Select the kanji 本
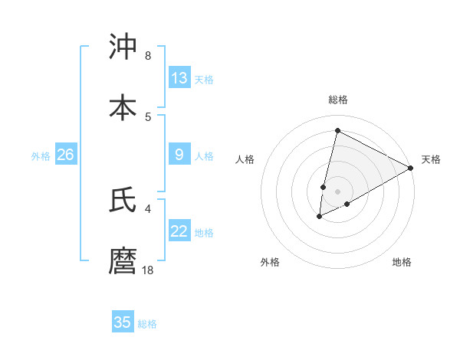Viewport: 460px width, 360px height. pyautogui.click(x=123, y=107)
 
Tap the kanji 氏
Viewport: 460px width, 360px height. pyautogui.click(x=123, y=199)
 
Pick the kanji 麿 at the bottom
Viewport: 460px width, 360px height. pyautogui.click(x=123, y=260)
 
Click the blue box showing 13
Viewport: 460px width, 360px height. pyautogui.click(x=179, y=77)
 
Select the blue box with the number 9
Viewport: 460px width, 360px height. pyautogui.click(x=179, y=155)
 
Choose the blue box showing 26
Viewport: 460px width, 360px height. pyautogui.click(x=65, y=155)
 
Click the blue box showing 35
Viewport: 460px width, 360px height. pyautogui.click(x=123, y=322)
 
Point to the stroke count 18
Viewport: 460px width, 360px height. pyautogui.click(x=148, y=270)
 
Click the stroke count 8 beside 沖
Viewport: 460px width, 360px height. pyautogui.click(x=148, y=55)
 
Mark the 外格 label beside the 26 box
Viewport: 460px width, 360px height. pyautogui.click(x=41, y=156)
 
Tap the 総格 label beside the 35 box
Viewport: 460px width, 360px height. pyautogui.click(x=147, y=324)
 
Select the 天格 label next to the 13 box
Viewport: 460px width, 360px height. pyautogui.click(x=204, y=79)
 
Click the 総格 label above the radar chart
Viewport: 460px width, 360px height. pyautogui.click(x=338, y=100)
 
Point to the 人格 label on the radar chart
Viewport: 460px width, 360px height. pyautogui.click(x=245, y=159)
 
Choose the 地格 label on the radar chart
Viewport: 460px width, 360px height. pyautogui.click(x=402, y=262)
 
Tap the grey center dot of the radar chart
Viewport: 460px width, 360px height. pyautogui.click(x=338, y=191)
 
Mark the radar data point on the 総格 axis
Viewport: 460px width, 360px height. pyautogui.click(x=337, y=130)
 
